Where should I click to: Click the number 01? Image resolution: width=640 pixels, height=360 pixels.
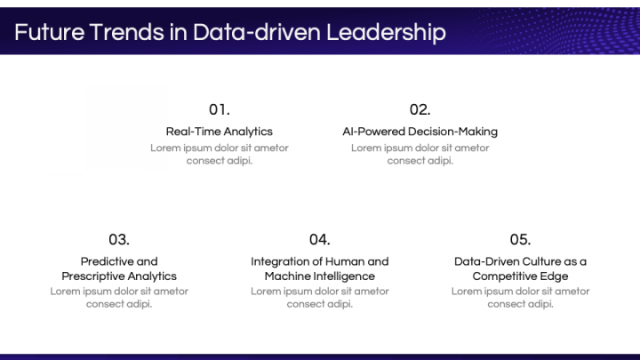(x=220, y=109)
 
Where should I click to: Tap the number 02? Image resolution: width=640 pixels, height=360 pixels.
(x=420, y=109)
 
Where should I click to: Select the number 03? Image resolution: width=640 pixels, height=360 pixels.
(x=119, y=239)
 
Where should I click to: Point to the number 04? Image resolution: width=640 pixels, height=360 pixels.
(x=320, y=239)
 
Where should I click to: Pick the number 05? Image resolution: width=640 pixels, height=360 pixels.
(x=520, y=239)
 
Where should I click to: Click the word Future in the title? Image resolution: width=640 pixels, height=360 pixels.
(x=49, y=33)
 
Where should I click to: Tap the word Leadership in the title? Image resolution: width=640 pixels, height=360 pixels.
(x=384, y=33)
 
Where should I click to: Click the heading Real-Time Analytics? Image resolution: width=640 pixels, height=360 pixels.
(x=220, y=132)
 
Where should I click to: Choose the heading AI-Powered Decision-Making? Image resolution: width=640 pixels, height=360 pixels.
(x=420, y=132)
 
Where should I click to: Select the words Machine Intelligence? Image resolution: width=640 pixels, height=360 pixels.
(x=320, y=276)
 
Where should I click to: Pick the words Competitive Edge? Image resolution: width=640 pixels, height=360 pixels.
(x=520, y=276)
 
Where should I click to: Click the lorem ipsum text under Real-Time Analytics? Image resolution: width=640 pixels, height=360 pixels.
(x=220, y=154)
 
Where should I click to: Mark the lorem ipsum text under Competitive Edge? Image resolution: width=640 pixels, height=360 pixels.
(x=520, y=297)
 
